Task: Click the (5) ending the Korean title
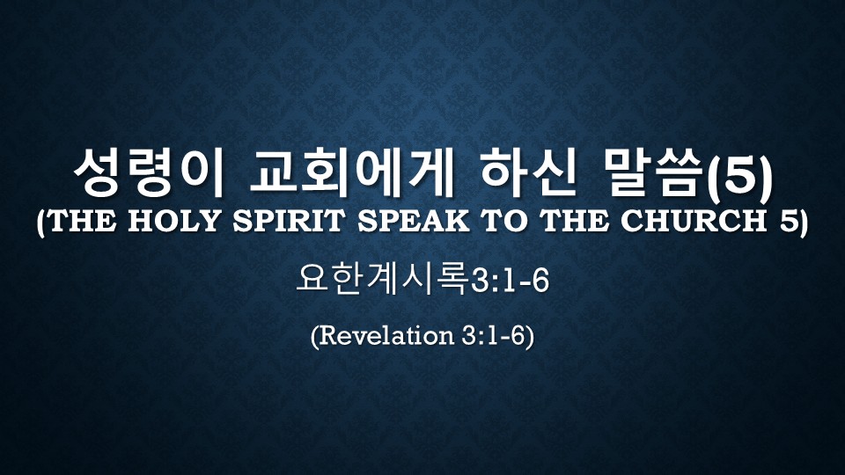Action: [738, 173]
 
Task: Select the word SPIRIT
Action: [289, 221]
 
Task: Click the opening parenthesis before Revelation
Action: [315, 337]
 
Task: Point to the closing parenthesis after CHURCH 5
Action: [804, 222]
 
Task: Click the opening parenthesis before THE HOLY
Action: [41, 222]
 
